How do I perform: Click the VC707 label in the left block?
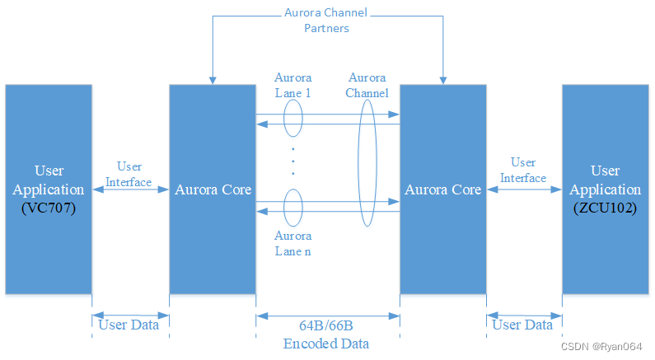(x=49, y=208)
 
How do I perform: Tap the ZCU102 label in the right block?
(x=606, y=208)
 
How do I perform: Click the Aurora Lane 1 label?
(x=292, y=85)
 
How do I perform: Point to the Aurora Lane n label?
(x=293, y=243)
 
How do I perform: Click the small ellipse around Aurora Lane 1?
(x=293, y=119)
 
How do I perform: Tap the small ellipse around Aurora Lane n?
(x=293, y=206)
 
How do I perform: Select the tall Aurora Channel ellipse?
(x=367, y=162)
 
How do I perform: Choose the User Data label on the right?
(x=522, y=325)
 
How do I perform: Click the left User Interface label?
(x=129, y=175)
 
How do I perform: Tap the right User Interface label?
(x=523, y=171)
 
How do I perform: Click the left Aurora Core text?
(x=213, y=189)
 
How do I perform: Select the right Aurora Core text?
(x=443, y=189)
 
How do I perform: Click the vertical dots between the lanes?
(x=293, y=162)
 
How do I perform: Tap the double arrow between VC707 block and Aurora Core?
(x=130, y=190)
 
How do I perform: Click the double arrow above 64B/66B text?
(x=328, y=315)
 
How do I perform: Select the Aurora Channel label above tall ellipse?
(x=367, y=85)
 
